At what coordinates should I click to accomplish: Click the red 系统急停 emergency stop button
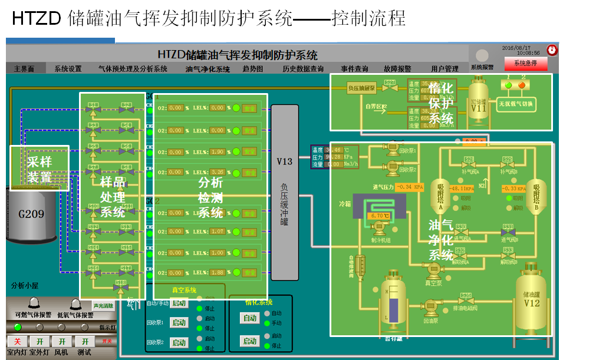(525, 63)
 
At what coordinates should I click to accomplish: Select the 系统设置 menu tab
(68, 69)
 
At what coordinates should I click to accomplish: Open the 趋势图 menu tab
(252, 69)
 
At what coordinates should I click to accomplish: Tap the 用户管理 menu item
(444, 69)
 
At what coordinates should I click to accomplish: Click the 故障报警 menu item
(397, 69)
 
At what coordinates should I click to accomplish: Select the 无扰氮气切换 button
(515, 104)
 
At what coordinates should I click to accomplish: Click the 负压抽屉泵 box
(361, 88)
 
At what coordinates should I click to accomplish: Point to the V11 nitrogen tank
(479, 105)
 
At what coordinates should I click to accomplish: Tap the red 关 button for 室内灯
(17, 342)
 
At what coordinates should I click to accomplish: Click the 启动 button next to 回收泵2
(179, 342)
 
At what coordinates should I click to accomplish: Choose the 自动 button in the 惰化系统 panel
(250, 318)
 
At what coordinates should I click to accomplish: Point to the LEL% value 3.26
(218, 173)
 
